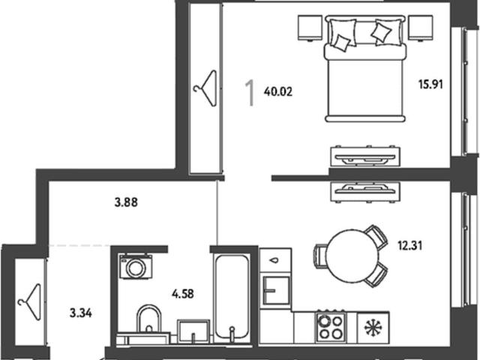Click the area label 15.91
430,83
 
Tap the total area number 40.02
278,91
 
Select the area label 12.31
410,245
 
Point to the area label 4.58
183,294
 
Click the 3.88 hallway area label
126,202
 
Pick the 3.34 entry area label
81,313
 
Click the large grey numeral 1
250,93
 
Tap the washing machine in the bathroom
136,266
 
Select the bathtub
232,299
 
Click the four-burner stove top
331,327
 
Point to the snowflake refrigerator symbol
373,328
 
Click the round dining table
352,256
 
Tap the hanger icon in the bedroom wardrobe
205,88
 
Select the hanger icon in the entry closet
29,301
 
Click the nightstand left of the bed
310,28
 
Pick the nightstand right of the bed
421,28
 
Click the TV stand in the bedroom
365,157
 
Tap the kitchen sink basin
277,290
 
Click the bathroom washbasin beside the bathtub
193,331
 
